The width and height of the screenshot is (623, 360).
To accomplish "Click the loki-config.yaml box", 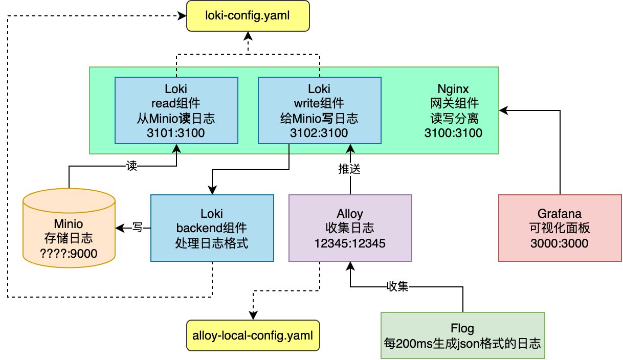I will (x=248, y=16).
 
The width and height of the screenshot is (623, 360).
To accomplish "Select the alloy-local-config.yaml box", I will (x=253, y=336).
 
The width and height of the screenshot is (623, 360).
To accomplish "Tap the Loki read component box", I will (x=176, y=110).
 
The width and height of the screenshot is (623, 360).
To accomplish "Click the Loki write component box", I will (x=319, y=110).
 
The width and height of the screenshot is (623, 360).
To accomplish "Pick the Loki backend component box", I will (x=212, y=228).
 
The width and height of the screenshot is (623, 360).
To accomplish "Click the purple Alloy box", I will (x=350, y=228).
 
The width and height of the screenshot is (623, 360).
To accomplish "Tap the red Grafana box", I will (x=560, y=228).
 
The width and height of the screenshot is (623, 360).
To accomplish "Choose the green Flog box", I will (x=462, y=335).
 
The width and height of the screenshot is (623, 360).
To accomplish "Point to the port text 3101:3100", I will (x=176, y=133).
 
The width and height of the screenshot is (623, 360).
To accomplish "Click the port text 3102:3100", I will (x=319, y=133).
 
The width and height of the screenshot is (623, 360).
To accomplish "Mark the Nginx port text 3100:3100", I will (x=453, y=133).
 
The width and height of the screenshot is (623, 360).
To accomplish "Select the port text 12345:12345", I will (x=350, y=243).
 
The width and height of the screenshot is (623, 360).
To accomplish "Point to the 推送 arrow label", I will (x=350, y=169).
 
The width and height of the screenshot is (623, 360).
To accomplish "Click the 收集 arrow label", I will (x=397, y=287).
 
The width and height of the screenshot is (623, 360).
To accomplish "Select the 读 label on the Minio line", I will (x=131, y=166).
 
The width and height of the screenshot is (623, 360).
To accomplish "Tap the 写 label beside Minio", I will (x=137, y=228).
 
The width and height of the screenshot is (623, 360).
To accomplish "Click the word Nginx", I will (x=453, y=88).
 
